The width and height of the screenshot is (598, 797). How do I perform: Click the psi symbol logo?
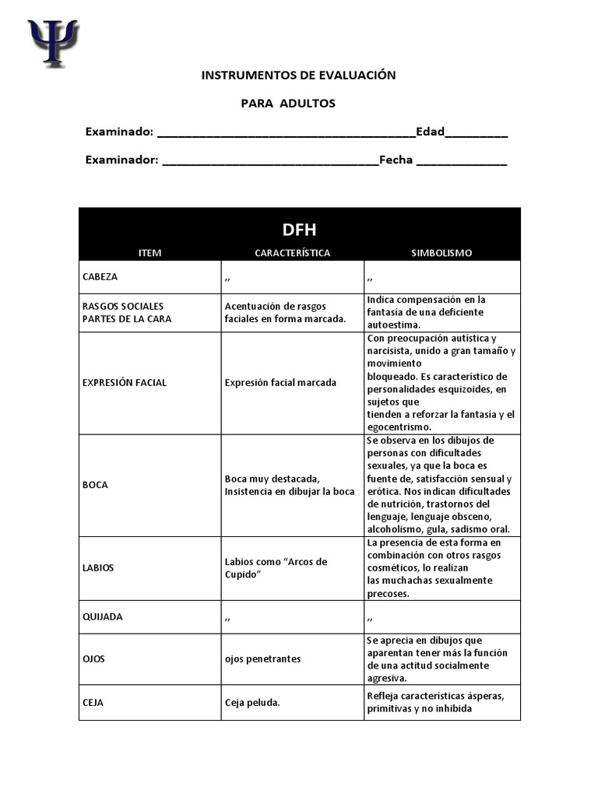tap(53, 43)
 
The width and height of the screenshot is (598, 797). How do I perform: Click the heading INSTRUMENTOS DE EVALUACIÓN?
tap(298, 75)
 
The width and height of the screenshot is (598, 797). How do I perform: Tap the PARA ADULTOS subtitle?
tap(287, 104)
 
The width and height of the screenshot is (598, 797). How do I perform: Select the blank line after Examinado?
tap(286, 133)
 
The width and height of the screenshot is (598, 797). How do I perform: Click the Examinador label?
tap(121, 160)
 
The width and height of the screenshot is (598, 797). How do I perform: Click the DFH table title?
tap(299, 230)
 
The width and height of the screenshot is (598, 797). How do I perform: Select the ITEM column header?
tap(149, 253)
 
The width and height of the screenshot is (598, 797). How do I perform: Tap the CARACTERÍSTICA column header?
tap(292, 253)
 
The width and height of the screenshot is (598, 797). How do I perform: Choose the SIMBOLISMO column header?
tap(441, 253)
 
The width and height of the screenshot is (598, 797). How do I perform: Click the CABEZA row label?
tap(100, 276)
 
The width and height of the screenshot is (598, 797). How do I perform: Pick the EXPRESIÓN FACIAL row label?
tap(125, 382)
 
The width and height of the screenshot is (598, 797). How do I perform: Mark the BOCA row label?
tap(95, 485)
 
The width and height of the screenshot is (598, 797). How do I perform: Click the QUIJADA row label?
tap(102, 616)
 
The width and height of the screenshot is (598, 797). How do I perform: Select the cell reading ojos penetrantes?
tap(262, 659)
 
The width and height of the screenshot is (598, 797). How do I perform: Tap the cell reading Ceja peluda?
tap(252, 703)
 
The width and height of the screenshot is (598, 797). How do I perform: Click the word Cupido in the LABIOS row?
tap(242, 574)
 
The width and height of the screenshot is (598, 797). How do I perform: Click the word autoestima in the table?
tap(393, 325)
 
